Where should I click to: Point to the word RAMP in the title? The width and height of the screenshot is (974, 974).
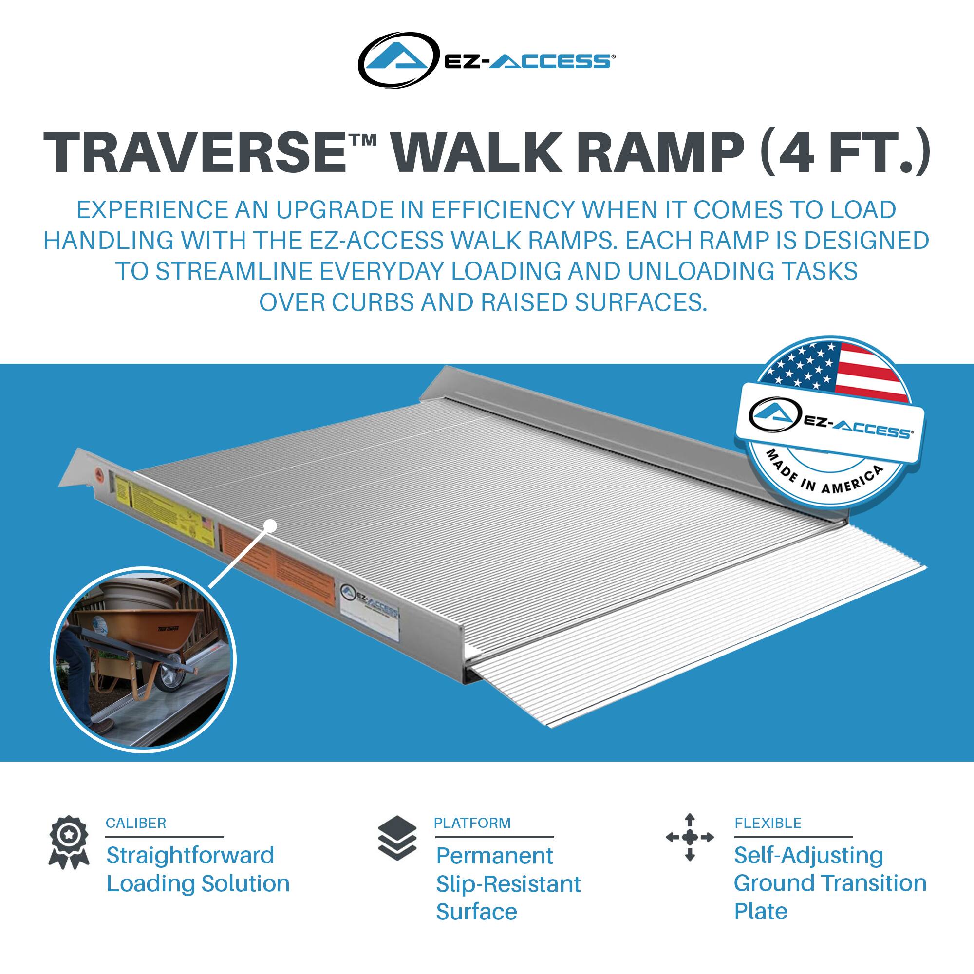click(x=657, y=152)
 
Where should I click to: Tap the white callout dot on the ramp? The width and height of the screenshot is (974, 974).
click(x=271, y=526)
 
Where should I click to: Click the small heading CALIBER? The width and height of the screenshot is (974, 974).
click(x=135, y=823)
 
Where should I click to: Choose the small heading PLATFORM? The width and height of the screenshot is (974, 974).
click(x=472, y=823)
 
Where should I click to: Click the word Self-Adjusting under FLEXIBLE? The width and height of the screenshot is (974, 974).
click(x=808, y=856)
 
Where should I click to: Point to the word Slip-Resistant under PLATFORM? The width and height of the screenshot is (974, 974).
click(x=507, y=884)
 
